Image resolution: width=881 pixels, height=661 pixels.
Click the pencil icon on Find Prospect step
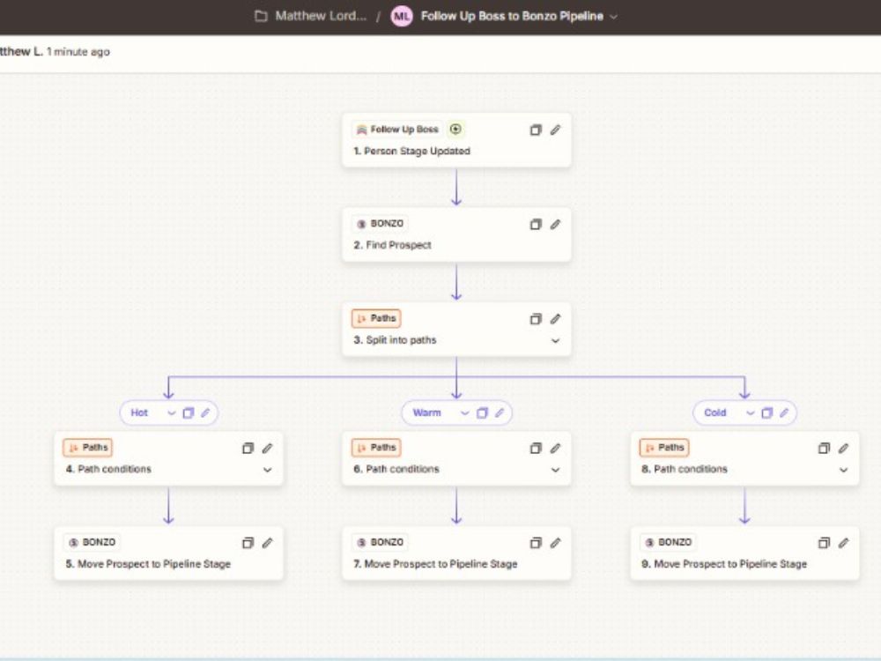(555, 224)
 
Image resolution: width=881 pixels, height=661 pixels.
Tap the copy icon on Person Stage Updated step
(536, 130)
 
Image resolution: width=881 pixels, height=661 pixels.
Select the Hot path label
(139, 412)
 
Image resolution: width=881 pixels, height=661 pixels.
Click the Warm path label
(427, 412)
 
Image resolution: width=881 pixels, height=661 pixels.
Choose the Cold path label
(715, 412)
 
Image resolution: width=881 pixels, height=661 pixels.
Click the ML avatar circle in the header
(402, 16)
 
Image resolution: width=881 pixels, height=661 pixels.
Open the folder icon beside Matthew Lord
(262, 16)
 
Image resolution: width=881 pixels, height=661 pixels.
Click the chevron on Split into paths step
(555, 340)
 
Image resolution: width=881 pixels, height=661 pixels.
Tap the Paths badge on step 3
(376, 318)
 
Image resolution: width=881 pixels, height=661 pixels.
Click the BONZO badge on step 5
(93, 542)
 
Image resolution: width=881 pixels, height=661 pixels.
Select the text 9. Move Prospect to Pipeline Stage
(723, 564)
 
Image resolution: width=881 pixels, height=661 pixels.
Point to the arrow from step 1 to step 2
(456, 187)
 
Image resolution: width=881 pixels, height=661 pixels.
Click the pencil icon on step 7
(555, 543)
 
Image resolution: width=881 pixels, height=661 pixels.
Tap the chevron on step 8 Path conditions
(843, 470)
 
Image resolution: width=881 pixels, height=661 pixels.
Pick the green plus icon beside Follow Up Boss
(455, 130)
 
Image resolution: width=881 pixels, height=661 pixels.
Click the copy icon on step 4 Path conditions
(248, 448)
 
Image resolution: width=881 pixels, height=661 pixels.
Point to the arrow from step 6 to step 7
(456, 506)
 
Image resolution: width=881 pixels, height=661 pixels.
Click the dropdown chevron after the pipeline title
(613, 17)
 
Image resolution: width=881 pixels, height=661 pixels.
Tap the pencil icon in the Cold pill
(784, 412)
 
